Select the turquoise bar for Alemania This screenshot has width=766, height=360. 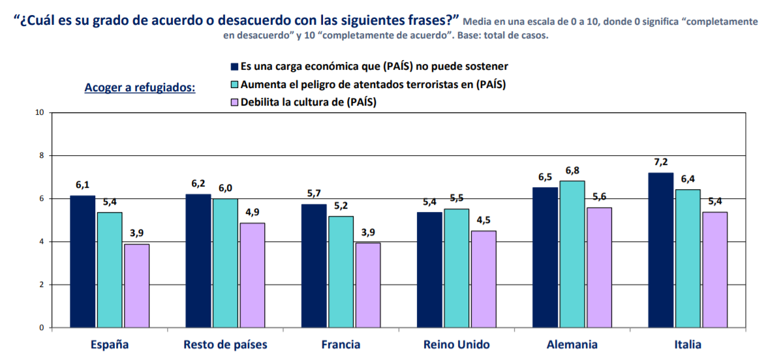(x=572, y=254)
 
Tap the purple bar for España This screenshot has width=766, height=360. (x=136, y=286)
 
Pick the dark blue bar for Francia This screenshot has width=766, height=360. (x=314, y=265)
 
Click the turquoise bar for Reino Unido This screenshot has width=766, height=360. (x=456, y=268)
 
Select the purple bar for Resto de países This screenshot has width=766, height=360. (x=252, y=275)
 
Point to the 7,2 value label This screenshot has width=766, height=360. (x=661, y=162)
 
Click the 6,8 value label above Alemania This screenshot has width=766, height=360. (x=572, y=170)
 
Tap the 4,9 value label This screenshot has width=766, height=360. (x=252, y=213)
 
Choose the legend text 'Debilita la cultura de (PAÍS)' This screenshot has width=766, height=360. (x=309, y=102)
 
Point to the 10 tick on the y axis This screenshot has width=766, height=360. (x=39, y=112)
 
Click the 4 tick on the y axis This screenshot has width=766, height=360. (x=41, y=242)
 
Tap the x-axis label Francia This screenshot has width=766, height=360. (x=341, y=344)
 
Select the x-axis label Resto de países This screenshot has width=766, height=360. (x=225, y=344)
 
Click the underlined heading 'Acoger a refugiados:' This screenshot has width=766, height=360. (x=140, y=87)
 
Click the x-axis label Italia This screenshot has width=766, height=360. (x=687, y=344)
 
